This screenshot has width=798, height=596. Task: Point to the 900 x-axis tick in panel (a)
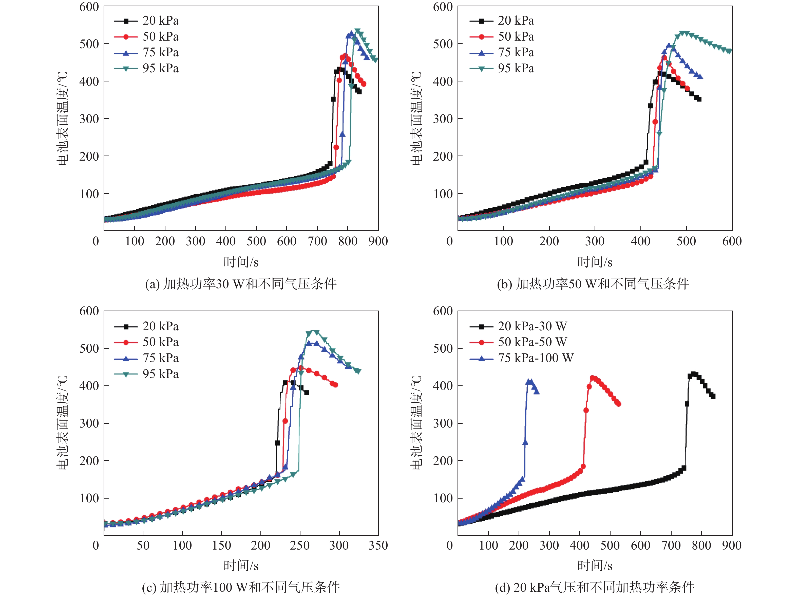point(378,241)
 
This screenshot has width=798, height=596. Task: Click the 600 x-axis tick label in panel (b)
point(732,241)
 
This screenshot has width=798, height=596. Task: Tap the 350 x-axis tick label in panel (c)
point(378,545)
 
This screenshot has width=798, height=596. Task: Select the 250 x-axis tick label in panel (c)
point(300,545)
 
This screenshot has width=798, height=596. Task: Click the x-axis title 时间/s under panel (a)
point(241,262)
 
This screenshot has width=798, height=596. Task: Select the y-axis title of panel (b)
point(416,118)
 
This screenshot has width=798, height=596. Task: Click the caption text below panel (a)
point(241,284)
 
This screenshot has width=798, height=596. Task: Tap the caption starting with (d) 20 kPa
point(595,587)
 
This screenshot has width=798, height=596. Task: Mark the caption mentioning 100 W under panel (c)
point(241,587)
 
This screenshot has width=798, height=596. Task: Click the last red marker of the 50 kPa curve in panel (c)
point(335,385)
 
